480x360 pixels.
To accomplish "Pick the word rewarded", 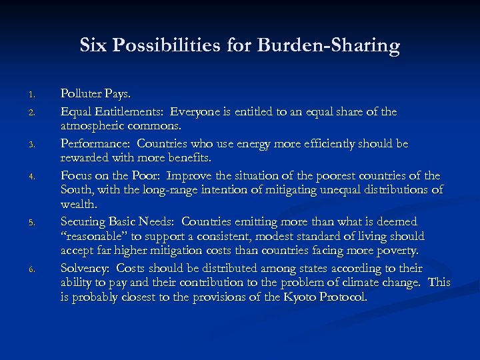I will pyautogui.click(x=87, y=159).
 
